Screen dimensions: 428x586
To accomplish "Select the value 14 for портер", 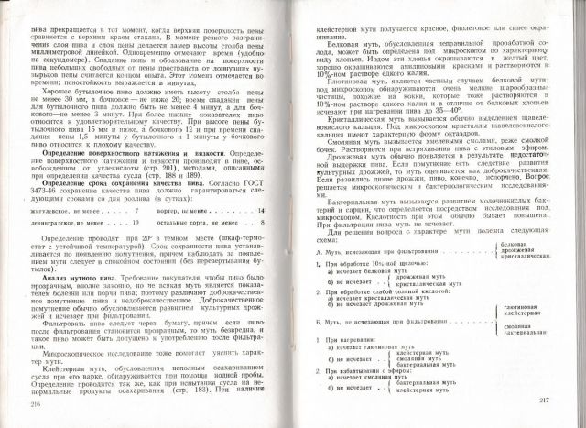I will pos(261,211).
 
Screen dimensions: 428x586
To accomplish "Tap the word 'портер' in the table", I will pos(184,212).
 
